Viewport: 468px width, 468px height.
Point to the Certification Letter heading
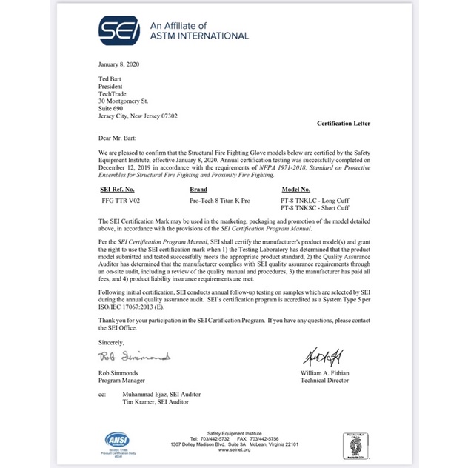click(343, 123)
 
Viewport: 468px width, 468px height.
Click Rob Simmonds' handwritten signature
click(134, 357)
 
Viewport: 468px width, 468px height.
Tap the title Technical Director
click(327, 381)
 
